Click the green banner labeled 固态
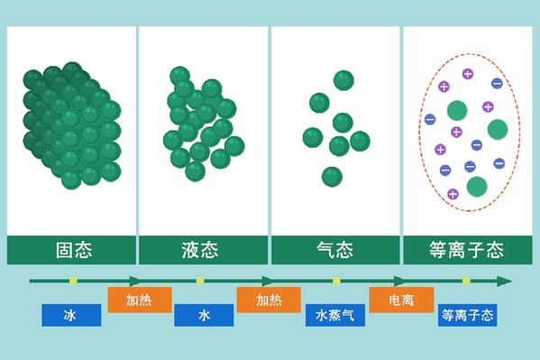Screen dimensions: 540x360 tap(71, 250)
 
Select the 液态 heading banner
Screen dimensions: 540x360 tap(203, 250)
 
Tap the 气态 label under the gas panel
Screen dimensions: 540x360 tap(335, 250)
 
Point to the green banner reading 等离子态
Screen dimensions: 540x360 tap(468, 250)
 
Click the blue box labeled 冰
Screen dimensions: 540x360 tap(71, 315)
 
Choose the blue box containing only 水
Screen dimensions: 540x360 tap(204, 315)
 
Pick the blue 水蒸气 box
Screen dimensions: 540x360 tap(335, 315)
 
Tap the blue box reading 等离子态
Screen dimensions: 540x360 tap(467, 315)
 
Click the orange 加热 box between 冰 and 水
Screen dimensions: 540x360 tap(140, 300)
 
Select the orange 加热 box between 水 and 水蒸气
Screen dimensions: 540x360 tap(269, 300)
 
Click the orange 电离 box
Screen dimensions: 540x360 tap(401, 300)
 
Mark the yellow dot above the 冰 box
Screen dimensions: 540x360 tap(73, 281)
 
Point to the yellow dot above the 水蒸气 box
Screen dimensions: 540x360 tap(336, 281)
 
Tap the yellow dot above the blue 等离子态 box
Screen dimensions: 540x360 tap(466, 281)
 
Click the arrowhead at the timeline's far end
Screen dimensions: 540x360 tap(505, 281)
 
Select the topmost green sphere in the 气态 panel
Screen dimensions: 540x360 tap(343, 80)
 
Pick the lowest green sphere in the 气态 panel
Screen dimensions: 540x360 tap(332, 177)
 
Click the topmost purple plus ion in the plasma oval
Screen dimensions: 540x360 tap(468, 74)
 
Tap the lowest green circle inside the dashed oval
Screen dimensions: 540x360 tap(477, 187)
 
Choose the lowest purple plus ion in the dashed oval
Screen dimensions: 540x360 tap(453, 194)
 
